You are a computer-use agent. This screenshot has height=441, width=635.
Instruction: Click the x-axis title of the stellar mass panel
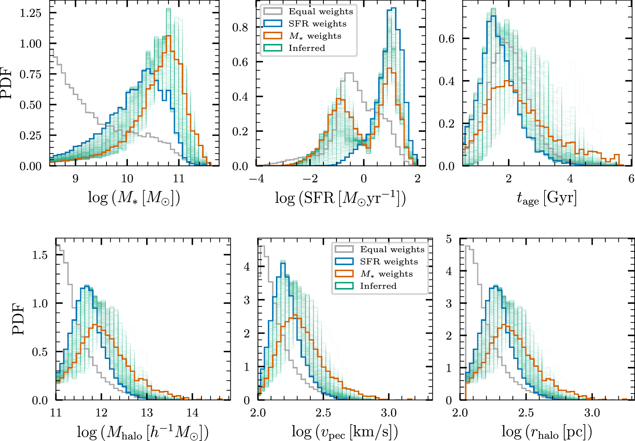point(134,198)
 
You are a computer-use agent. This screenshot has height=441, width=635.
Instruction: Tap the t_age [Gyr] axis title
point(546,198)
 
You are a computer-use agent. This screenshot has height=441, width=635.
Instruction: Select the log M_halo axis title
point(143,432)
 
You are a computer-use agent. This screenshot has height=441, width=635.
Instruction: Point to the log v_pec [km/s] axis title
point(345,432)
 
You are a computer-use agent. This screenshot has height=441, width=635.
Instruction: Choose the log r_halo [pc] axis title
point(546,432)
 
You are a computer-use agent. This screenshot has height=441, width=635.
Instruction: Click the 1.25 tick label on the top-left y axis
point(31,13)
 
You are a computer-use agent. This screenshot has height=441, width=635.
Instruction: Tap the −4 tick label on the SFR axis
point(256,178)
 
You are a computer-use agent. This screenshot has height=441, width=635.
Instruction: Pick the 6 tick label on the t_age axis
point(631,178)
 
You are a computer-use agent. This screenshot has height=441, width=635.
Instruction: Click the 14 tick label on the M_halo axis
point(192,413)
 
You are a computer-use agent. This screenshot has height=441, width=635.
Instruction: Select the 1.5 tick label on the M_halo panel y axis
point(40,255)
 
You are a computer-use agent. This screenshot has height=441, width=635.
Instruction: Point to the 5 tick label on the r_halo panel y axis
point(449,239)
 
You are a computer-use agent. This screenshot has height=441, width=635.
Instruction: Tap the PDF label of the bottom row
point(18,319)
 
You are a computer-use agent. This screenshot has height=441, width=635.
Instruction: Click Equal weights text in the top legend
point(321,12)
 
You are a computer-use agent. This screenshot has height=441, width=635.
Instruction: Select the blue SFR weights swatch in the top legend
point(272,23)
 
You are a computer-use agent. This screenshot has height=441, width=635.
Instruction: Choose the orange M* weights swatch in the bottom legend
point(344,274)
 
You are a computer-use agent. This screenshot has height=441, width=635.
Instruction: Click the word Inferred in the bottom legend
point(378,286)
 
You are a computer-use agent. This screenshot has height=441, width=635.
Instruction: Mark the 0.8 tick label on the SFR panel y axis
point(240,27)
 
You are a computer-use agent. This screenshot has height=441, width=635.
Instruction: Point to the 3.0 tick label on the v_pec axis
point(389,413)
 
